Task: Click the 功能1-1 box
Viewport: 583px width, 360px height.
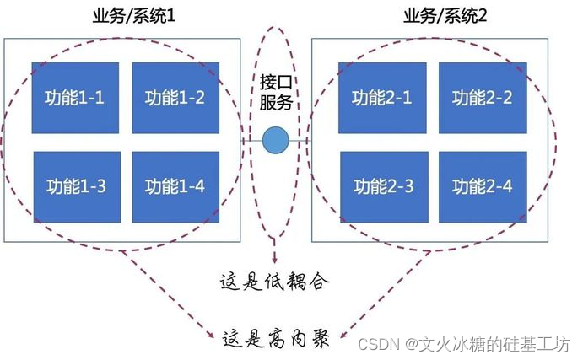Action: coord(75,98)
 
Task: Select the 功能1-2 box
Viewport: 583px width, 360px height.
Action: coord(175,98)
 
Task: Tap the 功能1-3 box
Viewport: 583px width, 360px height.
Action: coord(75,186)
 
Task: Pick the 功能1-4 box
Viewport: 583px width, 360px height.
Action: coord(175,186)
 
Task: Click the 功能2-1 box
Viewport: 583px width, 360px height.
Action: coord(382,98)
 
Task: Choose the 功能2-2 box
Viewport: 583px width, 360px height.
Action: coord(482,98)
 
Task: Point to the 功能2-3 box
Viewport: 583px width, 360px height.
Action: coord(382,186)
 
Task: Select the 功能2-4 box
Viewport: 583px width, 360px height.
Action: coord(482,186)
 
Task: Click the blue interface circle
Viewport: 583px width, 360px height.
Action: coord(274,140)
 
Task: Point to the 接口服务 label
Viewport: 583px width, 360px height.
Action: coord(275,93)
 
